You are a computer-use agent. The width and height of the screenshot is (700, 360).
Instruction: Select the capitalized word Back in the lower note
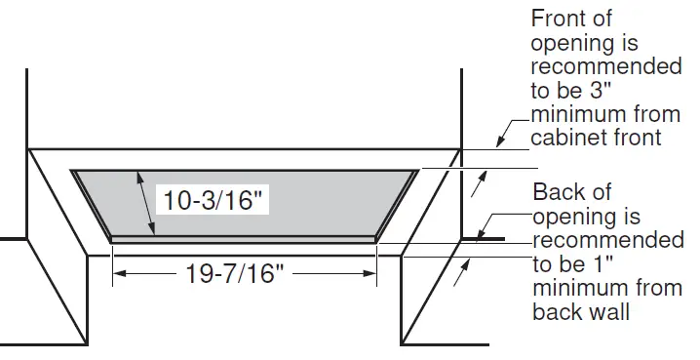[559, 192]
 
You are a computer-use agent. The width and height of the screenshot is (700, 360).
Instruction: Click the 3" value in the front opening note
[607, 91]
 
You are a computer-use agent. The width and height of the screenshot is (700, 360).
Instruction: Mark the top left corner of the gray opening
[72, 172]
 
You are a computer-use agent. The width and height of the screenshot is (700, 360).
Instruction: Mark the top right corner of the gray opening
[417, 172]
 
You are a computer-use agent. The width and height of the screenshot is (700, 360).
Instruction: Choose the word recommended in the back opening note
[609, 240]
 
